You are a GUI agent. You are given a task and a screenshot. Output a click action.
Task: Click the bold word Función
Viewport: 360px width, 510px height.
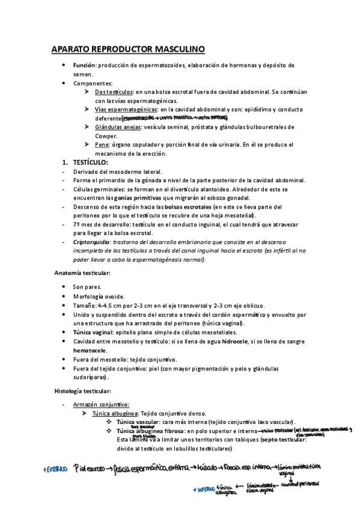point(84,65)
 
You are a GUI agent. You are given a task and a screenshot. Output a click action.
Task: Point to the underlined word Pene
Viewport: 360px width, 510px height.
point(102,145)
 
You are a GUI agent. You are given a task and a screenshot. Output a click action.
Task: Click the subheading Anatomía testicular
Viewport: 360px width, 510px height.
point(82,273)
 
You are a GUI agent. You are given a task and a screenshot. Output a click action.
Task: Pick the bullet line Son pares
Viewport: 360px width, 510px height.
point(87,287)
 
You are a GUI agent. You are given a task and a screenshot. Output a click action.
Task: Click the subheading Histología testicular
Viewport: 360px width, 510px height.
point(82,390)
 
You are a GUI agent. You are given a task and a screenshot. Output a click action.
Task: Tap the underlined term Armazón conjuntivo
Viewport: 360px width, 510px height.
point(101,404)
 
